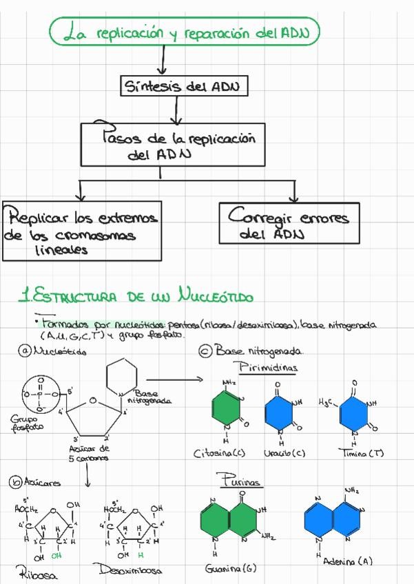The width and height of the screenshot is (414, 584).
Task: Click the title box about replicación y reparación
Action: [x=185, y=32]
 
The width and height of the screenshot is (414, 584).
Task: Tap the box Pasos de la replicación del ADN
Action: [x=173, y=145]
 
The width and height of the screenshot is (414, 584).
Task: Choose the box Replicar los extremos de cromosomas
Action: [x=81, y=231]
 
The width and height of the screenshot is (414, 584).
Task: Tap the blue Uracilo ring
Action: [x=278, y=411]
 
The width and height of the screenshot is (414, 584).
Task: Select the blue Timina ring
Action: [x=354, y=411]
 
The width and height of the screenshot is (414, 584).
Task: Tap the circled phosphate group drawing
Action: [x=40, y=395]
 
